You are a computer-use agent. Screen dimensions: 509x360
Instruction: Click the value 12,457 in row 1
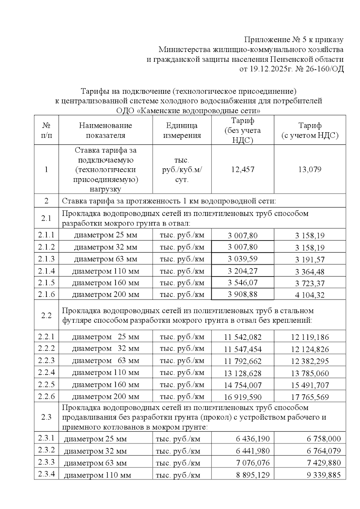pos(243,169)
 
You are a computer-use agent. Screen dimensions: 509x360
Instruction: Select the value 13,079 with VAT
pos(310,169)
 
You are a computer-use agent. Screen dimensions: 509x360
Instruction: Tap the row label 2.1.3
pos(46,259)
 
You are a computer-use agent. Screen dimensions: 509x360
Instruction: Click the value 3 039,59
pos(243,259)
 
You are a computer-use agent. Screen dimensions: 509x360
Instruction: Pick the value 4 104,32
pos(310,295)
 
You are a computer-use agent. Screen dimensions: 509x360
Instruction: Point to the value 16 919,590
pos(243,397)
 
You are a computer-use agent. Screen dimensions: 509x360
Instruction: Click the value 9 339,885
pos(324,475)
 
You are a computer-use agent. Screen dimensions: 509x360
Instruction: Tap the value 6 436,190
pos(253,439)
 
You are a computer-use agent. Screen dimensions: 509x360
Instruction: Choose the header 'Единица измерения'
pos(182,130)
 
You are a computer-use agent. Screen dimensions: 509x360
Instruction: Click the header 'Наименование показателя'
pos(105,130)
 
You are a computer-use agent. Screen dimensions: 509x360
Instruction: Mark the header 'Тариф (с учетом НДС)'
pos(310,130)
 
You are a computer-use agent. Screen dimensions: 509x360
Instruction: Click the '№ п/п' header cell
pos(46,130)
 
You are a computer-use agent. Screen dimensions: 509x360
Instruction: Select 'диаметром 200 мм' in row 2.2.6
pos(105,397)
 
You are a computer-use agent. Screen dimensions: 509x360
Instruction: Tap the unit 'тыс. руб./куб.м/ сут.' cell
pos(182,169)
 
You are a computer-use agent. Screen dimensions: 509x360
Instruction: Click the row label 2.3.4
pos(46,474)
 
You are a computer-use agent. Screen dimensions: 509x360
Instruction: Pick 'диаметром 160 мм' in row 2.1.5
pos(105,283)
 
